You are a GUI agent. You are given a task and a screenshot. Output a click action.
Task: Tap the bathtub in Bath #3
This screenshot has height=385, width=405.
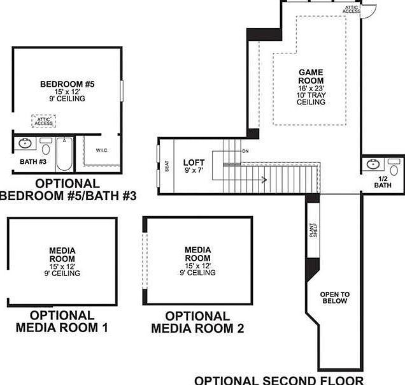coord(64,154)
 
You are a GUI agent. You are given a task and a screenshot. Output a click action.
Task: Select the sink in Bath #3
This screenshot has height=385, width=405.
coord(25,143)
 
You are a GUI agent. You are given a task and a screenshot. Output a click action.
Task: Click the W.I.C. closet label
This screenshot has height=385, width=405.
coord(102,151)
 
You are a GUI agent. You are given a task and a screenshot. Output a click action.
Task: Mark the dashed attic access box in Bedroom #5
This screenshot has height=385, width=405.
coord(44,120)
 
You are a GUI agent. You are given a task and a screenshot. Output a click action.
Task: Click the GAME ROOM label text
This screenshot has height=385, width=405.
coord(311,76)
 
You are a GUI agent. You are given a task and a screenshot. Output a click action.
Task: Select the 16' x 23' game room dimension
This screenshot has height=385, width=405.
coord(311,88)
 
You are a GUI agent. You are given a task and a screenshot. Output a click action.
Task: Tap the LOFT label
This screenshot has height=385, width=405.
coord(194,163)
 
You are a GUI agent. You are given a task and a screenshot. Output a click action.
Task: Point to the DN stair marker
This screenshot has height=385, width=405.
coord(245,151)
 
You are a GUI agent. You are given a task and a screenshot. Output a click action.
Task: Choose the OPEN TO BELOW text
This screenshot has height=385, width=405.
coord(334,297)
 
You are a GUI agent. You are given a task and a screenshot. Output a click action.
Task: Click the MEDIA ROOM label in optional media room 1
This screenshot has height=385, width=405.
coord(62,254)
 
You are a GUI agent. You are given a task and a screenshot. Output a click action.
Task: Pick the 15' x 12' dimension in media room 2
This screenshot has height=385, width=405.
coord(197,265)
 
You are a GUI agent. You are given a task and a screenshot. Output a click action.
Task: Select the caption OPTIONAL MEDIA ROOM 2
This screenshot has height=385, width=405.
coord(197,322)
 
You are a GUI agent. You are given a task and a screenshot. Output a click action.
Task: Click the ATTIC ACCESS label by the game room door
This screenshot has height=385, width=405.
coord(352,9)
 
